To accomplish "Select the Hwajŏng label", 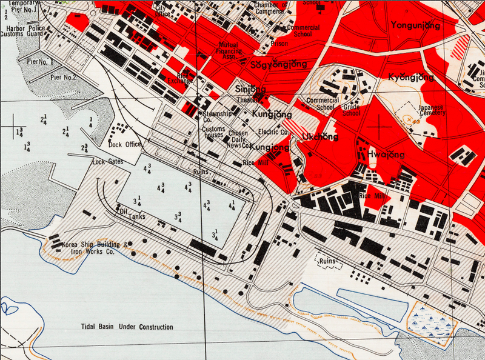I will coord(386,155).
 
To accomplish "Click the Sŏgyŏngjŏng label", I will coord(279,64).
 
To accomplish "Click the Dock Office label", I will coord(125,144).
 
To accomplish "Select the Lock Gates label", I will coord(107,162).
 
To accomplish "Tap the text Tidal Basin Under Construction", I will coord(127,327).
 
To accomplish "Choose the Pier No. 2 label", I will coord(63,77).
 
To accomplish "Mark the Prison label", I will coord(279,43).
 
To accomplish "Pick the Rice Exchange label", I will coord(181,77).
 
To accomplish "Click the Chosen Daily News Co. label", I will coord(238,138).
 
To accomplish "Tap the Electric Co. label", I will coord(273,132).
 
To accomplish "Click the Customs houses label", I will coord(213,132).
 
